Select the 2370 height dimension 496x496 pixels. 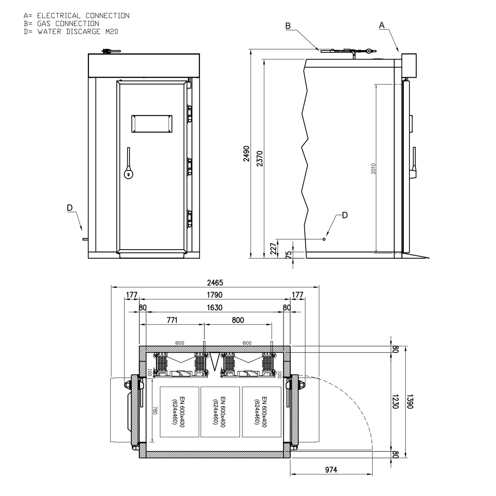tap(260, 158)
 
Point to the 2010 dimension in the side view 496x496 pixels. tap(373, 169)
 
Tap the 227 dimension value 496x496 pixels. tap(273, 249)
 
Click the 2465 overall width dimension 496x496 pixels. tap(215, 283)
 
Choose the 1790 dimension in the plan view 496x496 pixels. tap(215, 295)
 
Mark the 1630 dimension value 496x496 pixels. tap(215, 308)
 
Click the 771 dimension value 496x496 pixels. tap(172, 320)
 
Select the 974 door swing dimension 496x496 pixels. tap(331, 470)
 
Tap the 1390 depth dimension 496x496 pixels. tap(410, 401)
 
